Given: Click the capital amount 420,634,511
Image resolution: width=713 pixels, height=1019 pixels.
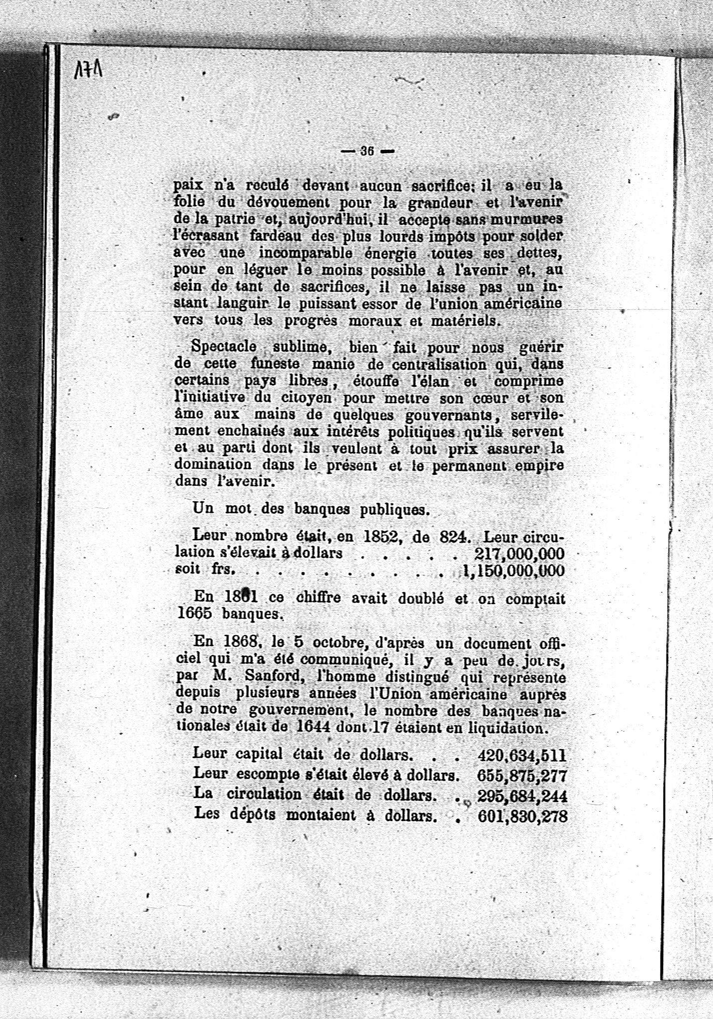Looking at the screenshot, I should pos(522,755).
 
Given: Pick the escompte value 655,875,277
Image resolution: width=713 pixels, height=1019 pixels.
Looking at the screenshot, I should pos(522,775).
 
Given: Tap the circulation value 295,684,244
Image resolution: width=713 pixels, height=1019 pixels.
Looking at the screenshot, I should pos(522,795).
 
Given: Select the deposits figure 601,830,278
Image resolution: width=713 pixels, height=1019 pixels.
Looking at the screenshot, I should pos(523,816).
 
